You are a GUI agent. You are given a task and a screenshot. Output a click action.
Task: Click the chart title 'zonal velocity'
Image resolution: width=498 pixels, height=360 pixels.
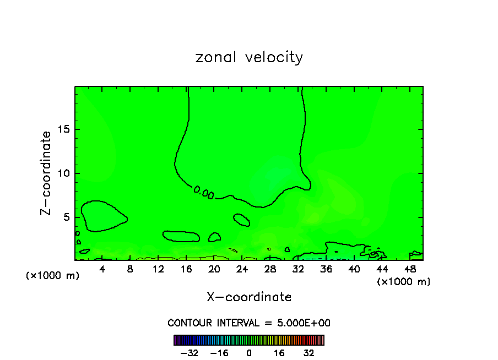(249, 57)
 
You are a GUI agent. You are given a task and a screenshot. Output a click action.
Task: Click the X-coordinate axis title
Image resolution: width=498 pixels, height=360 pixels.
(249, 297)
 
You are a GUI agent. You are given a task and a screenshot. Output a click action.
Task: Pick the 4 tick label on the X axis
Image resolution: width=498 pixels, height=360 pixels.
(102, 269)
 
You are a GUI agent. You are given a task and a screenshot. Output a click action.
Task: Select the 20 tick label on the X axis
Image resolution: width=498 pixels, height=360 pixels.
(214, 269)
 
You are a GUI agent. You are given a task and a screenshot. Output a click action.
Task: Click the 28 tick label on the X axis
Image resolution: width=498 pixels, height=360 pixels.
(270, 269)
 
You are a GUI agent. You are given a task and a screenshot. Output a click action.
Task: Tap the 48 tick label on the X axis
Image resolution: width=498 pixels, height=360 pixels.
(409, 269)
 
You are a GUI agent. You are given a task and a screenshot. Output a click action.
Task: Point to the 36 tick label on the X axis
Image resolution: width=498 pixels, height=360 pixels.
(326, 269)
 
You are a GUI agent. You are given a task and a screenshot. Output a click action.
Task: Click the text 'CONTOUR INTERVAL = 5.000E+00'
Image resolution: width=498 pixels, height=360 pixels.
(249, 323)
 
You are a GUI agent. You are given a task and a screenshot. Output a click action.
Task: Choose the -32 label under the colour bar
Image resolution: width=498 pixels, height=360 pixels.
(189, 353)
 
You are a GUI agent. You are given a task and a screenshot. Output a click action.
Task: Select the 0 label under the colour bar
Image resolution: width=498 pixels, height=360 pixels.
(249, 353)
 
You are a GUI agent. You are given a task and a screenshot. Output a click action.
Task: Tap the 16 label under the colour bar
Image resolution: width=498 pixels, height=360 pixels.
(279, 353)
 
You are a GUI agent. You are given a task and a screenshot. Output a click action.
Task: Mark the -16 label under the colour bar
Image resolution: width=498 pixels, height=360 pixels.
(219, 353)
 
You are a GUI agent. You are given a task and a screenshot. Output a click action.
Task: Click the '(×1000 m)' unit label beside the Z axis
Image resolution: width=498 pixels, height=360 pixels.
(53, 276)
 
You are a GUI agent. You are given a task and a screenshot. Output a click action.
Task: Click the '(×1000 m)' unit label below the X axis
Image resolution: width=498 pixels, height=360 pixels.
(404, 282)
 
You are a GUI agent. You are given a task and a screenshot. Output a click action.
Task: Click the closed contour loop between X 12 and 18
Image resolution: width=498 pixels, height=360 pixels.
(181, 236)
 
